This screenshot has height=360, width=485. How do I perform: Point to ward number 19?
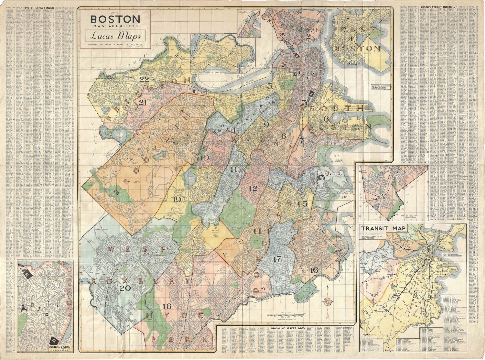pyautogui.click(x=177, y=200)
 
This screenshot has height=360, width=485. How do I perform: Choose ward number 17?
pyautogui.click(x=277, y=259)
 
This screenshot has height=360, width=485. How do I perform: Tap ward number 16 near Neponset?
pyautogui.click(x=314, y=270)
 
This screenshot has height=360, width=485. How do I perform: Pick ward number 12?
pyautogui.click(x=253, y=189)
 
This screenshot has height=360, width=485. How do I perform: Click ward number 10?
pyautogui.click(x=205, y=158)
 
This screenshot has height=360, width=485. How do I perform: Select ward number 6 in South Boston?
pyautogui.click(x=326, y=119)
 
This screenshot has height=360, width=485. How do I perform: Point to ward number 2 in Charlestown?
pyautogui.click(x=308, y=37)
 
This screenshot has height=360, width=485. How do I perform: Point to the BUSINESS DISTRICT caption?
pyautogui.click(x=60, y=348)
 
